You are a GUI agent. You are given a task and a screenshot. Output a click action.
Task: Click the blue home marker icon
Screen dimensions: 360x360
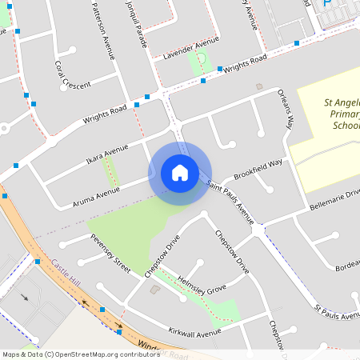180,173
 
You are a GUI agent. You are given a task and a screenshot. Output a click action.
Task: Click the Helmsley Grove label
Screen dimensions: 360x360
202,285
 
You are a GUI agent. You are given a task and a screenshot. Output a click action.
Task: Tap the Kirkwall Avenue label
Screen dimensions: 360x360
194,331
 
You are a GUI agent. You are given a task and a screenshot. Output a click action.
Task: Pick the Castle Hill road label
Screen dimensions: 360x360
66,274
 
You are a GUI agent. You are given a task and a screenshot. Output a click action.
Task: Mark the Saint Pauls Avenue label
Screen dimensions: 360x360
230,202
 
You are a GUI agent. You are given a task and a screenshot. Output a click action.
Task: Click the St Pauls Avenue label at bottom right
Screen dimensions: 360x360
337,312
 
